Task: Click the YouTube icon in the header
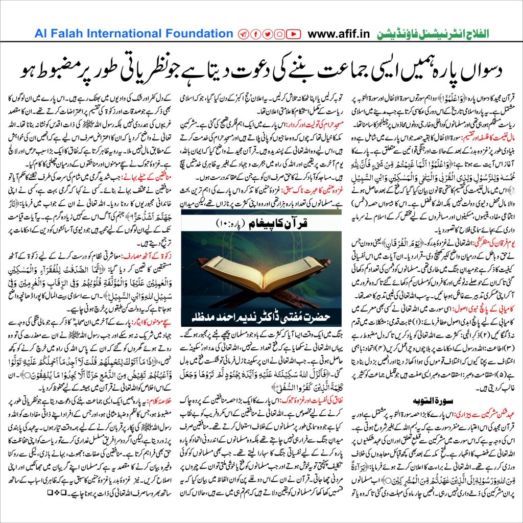(293, 34)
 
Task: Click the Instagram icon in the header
(280, 34)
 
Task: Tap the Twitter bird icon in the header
(268, 34)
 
